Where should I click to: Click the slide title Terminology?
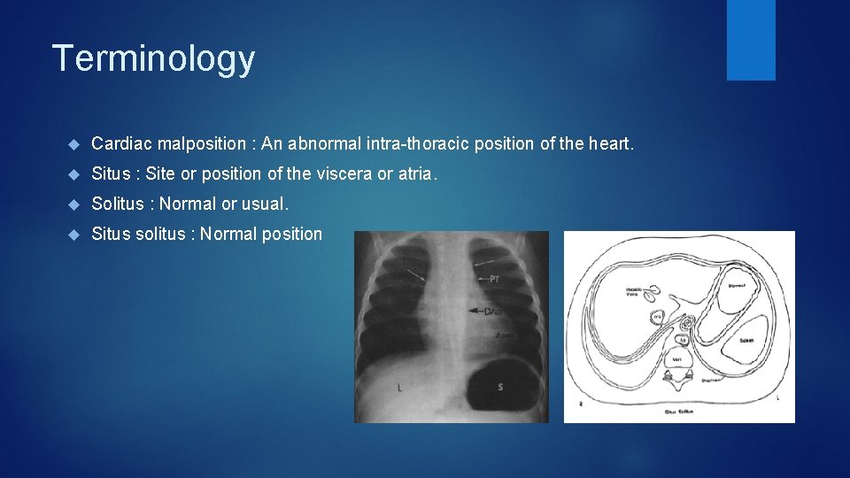[x=153, y=59]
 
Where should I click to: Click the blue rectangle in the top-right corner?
[x=751, y=40]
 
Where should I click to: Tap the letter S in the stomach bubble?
[x=500, y=387]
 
